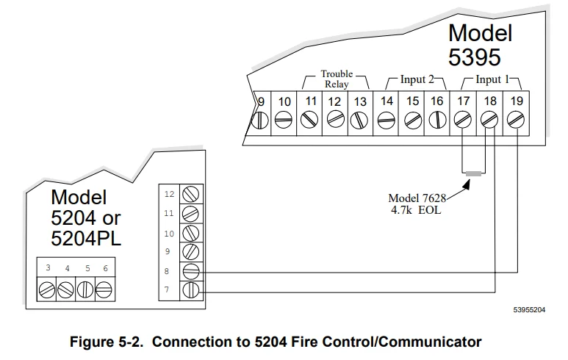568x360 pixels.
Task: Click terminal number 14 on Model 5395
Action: point(387,101)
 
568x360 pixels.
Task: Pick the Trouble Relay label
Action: point(337,79)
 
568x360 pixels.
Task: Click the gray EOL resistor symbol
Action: point(475,174)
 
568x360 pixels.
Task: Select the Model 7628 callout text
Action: point(414,198)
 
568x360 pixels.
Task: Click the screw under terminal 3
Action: point(48,289)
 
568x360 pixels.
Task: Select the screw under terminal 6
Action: point(104,289)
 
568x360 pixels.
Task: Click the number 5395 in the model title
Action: point(475,57)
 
